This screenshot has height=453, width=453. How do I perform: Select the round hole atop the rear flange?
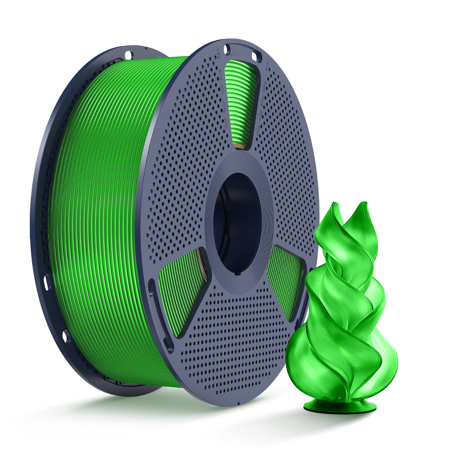click(x=128, y=55)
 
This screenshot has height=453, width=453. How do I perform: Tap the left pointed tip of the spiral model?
click(x=334, y=207)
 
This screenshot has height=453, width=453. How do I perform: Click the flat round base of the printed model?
click(x=340, y=406)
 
